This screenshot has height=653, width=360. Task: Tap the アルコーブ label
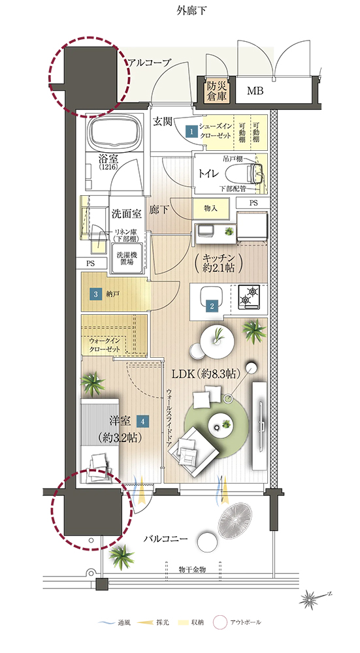pos(150,63)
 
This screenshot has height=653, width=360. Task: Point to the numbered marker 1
pos(191,131)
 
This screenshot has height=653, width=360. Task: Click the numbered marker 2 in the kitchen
pos(212,304)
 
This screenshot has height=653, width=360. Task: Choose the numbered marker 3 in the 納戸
pos(95,294)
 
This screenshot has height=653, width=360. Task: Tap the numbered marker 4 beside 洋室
pos(142,422)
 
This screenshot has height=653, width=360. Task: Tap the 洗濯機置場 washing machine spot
pos(125,258)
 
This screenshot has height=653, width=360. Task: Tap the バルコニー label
pos(166,539)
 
